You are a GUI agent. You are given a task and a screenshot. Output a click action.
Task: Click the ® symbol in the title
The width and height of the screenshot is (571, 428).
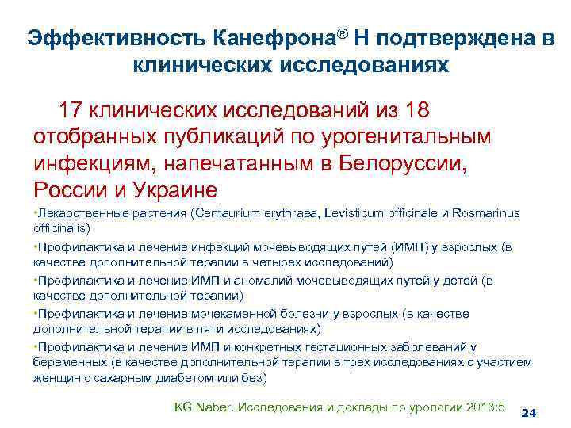(x=345, y=33)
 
